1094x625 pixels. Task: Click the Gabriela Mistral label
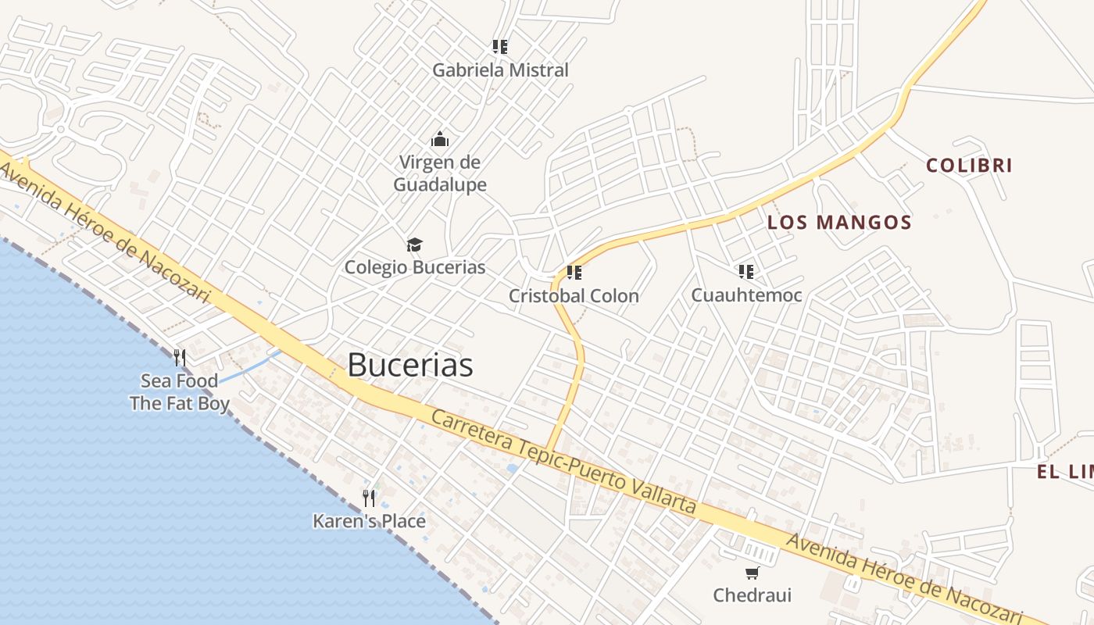click(500, 70)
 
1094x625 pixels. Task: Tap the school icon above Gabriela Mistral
click(500, 47)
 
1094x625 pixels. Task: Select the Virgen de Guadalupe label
click(439, 173)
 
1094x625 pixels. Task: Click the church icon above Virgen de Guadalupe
click(440, 140)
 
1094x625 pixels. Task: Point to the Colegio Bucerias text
click(415, 267)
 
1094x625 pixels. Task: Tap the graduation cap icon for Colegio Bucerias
click(414, 245)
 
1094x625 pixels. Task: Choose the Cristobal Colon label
click(574, 296)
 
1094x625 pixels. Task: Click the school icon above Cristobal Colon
click(574, 273)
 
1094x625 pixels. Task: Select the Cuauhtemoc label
click(746, 295)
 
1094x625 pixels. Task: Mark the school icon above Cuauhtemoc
click(746, 272)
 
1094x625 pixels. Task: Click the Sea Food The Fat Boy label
click(180, 392)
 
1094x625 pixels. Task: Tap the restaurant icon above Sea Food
click(180, 358)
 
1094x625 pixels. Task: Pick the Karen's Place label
click(369, 521)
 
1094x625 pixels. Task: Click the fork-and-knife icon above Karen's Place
click(369, 498)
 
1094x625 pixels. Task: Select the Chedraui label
click(752, 595)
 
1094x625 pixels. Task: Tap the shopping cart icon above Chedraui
click(752, 573)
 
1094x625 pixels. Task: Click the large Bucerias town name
click(410, 365)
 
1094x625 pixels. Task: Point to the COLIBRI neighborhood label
click(969, 166)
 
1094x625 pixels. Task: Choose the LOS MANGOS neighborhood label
click(839, 223)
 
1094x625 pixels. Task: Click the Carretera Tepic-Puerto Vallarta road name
click(563, 462)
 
